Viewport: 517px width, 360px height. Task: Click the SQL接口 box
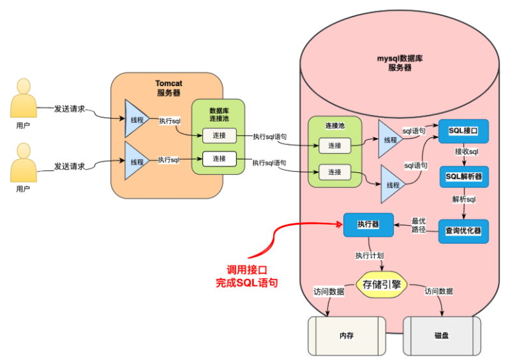tap(463, 131)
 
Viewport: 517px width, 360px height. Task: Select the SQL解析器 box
tap(463, 177)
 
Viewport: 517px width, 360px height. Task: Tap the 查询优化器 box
tap(463, 230)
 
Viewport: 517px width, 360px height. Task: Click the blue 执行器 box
tap(368, 224)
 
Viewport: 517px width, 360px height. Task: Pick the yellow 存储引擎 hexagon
tap(381, 285)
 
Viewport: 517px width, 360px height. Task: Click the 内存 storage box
tap(347, 335)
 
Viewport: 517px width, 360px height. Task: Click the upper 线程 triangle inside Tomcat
tap(135, 119)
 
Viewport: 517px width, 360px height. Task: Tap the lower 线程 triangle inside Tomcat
tap(135, 161)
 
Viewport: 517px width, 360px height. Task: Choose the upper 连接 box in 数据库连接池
tap(219, 135)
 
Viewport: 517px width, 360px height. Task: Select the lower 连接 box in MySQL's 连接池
tap(334, 172)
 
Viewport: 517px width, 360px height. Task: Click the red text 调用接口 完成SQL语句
tap(247, 275)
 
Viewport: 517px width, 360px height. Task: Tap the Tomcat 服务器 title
tap(169, 88)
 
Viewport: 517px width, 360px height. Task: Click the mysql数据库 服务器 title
tap(400, 63)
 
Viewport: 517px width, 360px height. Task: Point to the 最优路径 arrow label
tap(418, 225)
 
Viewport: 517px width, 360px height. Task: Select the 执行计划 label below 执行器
tap(370, 255)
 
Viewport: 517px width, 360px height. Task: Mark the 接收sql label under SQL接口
tap(467, 153)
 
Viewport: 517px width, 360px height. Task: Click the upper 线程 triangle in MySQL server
tap(389, 139)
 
